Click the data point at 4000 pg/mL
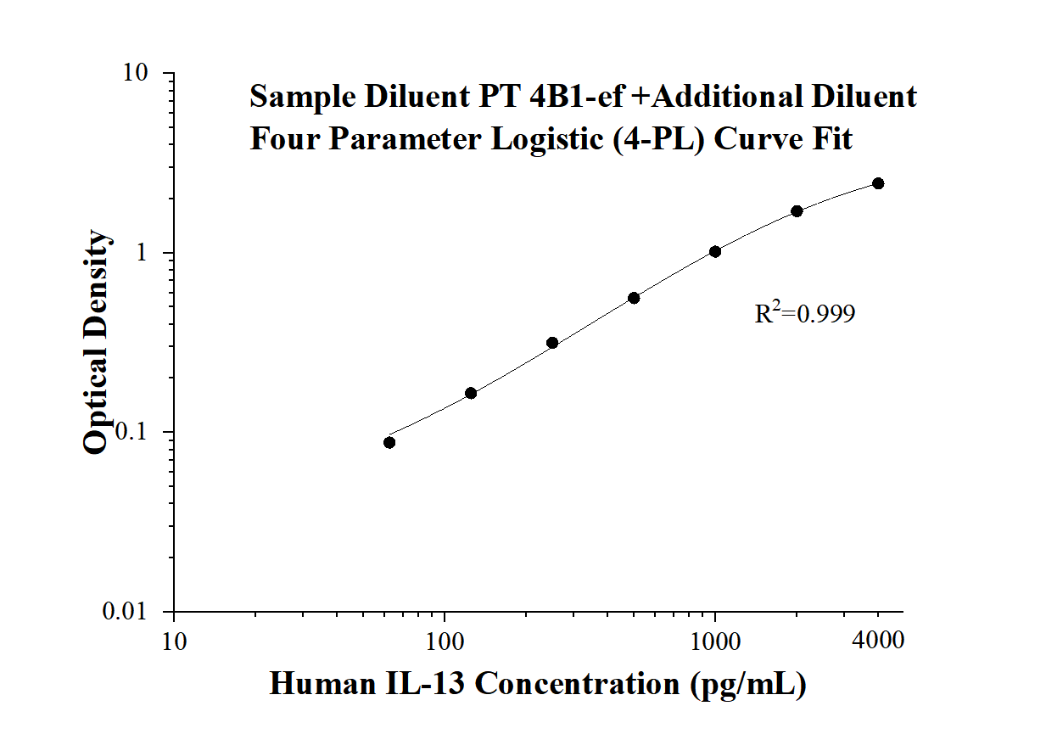click(878, 183)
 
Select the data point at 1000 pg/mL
click(715, 251)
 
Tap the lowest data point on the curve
click(389, 442)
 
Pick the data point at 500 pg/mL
click(634, 298)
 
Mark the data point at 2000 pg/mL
click(797, 210)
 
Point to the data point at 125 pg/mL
click(471, 393)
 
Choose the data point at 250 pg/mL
click(552, 343)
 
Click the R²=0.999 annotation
click(804, 314)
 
